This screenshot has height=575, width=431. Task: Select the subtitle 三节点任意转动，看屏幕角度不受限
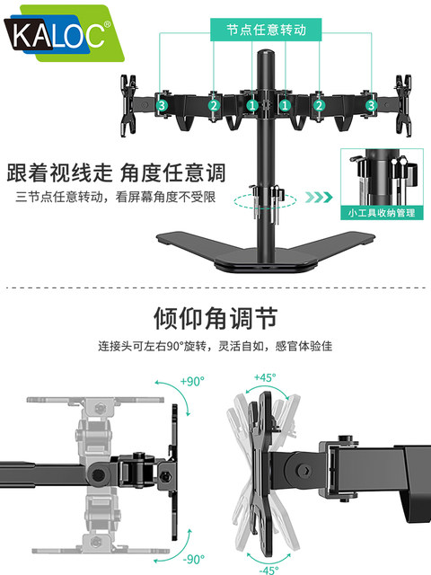116,197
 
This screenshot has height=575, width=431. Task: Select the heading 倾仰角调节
215,318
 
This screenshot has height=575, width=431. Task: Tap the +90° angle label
191,381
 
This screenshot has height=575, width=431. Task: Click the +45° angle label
266,377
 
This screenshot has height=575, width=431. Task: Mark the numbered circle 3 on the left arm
162,105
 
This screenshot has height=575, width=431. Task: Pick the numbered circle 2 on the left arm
214,105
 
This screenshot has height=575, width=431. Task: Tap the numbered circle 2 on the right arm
318,105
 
